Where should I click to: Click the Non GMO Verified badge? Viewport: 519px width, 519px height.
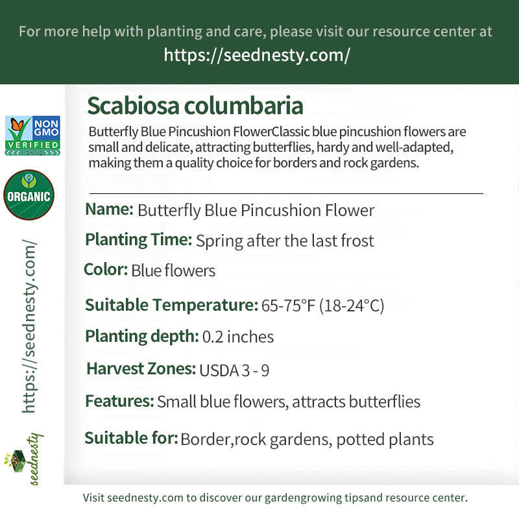tap(32, 136)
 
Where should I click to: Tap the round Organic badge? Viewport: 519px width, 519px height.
tap(29, 195)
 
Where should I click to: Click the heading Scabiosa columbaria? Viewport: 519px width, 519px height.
tap(195, 106)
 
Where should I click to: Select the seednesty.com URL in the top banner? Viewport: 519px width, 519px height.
tap(257, 55)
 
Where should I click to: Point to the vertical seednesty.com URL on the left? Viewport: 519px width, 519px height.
tap(29, 326)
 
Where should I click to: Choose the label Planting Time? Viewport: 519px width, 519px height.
tap(138, 240)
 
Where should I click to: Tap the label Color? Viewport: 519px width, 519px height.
tap(106, 269)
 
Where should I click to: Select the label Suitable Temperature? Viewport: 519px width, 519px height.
tap(171, 305)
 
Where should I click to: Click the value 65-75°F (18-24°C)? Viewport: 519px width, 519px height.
tap(323, 306)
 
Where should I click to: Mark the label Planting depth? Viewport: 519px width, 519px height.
tap(141, 337)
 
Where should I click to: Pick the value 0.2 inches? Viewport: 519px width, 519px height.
tap(238, 337)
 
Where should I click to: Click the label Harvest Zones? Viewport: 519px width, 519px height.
tap(141, 369)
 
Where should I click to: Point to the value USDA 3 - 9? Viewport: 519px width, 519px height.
tap(234, 370)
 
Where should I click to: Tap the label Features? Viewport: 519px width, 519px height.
tap(119, 401)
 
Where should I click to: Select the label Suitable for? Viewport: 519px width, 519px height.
tap(131, 439)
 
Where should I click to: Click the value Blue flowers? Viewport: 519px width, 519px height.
tap(173, 271)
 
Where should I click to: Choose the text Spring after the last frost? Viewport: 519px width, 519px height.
tap(285, 241)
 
